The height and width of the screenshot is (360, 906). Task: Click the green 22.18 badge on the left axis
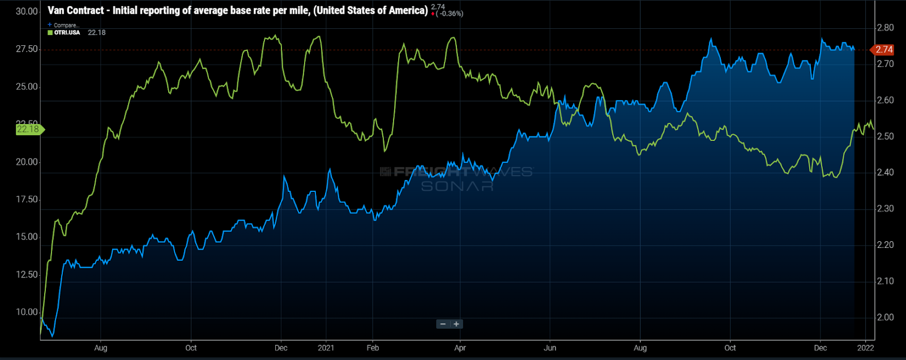(x=28, y=130)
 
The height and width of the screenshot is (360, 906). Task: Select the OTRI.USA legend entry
(x=67, y=33)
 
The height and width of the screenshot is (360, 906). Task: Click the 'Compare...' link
(x=66, y=25)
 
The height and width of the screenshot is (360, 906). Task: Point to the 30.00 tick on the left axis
(x=27, y=11)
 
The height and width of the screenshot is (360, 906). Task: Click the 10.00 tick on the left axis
(x=27, y=312)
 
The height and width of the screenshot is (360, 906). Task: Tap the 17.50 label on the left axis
(x=27, y=199)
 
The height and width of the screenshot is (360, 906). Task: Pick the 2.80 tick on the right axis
(x=885, y=28)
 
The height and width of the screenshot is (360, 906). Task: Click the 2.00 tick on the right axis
(x=885, y=318)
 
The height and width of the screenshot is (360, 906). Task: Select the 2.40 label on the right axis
(x=885, y=173)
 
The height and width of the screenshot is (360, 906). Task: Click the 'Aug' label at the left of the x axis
(x=101, y=348)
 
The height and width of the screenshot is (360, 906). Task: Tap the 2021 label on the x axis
(x=326, y=348)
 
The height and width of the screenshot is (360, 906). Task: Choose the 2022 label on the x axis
(x=865, y=348)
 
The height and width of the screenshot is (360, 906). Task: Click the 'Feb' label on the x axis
(x=373, y=348)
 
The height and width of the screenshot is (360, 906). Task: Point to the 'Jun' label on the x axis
(x=550, y=348)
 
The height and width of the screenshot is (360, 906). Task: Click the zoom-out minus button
(x=443, y=324)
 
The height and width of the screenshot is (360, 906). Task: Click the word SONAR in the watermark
(x=457, y=186)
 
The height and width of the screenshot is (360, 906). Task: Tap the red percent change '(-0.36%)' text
(x=450, y=14)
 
